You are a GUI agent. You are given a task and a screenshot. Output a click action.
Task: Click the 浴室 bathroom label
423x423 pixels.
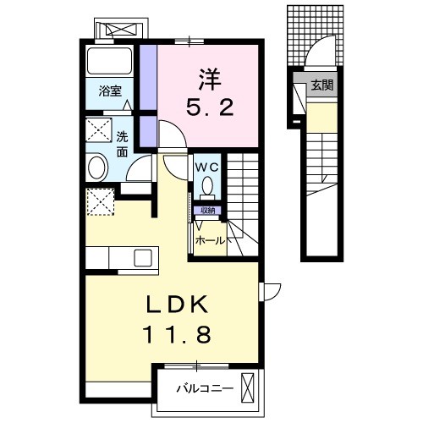click(x=110, y=90)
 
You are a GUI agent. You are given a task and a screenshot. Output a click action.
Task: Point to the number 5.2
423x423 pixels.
click(x=208, y=107)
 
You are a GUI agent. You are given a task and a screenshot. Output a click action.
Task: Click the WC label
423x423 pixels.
click(x=209, y=167)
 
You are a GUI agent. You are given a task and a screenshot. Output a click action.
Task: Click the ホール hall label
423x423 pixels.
click(x=211, y=240)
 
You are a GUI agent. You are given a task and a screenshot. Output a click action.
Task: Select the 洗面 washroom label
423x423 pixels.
click(x=123, y=144)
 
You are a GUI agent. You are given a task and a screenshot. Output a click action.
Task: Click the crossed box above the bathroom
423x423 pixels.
click(x=121, y=29)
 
